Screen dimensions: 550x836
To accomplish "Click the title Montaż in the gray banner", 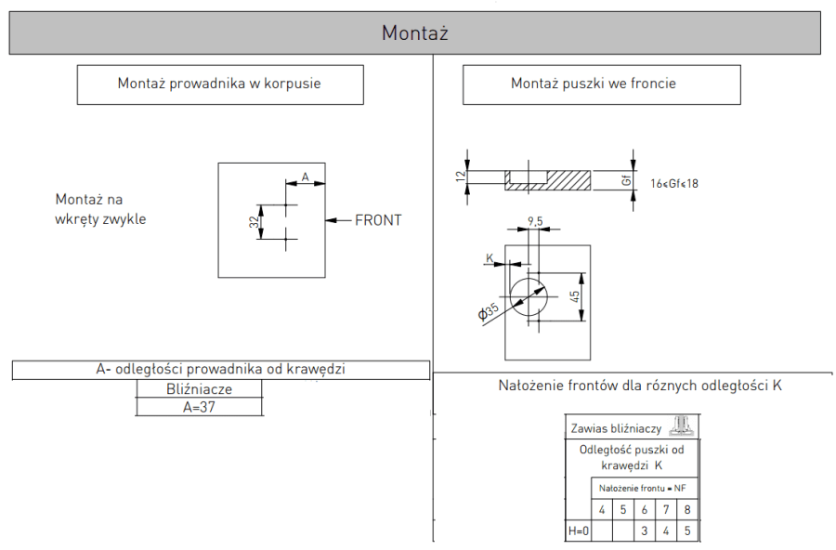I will click(x=415, y=33).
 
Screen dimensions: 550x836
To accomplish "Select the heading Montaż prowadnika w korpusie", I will click(x=219, y=84).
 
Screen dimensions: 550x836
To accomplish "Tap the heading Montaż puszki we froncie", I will click(x=593, y=84).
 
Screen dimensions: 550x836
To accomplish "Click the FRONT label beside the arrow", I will click(x=378, y=220).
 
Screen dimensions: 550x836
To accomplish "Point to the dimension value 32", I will click(x=253, y=221).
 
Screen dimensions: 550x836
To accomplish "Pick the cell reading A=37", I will click(x=199, y=407).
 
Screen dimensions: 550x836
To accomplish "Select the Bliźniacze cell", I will click(x=199, y=389).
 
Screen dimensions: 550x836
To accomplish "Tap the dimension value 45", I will click(x=575, y=296).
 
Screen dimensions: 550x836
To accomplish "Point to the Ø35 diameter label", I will click(x=489, y=311).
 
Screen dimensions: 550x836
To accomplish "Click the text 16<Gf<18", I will click(x=675, y=183).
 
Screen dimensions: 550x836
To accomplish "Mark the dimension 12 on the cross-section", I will click(x=460, y=177).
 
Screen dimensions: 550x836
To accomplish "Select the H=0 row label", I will click(x=578, y=531).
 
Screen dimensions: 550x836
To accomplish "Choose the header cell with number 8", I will click(x=686, y=509).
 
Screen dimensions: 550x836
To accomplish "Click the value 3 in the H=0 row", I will click(x=645, y=531).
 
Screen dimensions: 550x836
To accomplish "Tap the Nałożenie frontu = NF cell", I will click(x=643, y=488).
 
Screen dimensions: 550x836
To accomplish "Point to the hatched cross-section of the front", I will click(x=548, y=180).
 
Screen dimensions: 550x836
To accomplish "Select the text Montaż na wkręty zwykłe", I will click(x=100, y=209).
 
